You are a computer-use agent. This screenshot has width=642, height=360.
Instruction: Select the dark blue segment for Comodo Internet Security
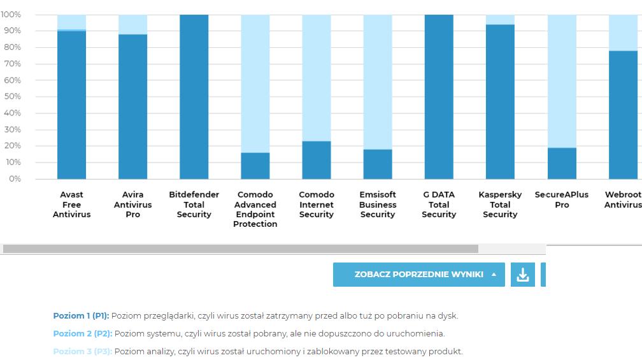[x=317, y=160]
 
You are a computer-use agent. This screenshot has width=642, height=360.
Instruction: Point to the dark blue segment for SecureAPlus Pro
[x=562, y=163]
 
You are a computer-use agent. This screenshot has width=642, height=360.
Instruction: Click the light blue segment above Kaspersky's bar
[x=500, y=20]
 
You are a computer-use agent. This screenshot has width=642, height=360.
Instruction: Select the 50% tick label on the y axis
[x=11, y=97]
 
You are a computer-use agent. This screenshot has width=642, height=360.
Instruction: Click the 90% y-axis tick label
[x=11, y=31]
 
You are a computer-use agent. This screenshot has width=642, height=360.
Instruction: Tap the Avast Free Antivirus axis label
[x=71, y=205]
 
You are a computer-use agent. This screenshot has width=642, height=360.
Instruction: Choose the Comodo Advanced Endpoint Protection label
[x=255, y=209]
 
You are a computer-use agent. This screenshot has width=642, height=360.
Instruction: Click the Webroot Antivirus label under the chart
[x=623, y=199]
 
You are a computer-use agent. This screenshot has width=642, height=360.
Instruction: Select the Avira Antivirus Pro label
[x=132, y=205]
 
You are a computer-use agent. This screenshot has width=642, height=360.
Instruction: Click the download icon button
[x=523, y=275]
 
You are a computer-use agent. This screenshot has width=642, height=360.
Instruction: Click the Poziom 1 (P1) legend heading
[x=82, y=315]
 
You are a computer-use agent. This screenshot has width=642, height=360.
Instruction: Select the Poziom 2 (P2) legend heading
[x=82, y=333]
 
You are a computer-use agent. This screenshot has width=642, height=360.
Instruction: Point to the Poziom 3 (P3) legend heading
[x=82, y=351]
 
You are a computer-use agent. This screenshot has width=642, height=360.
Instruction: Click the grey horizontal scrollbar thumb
[x=240, y=248]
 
